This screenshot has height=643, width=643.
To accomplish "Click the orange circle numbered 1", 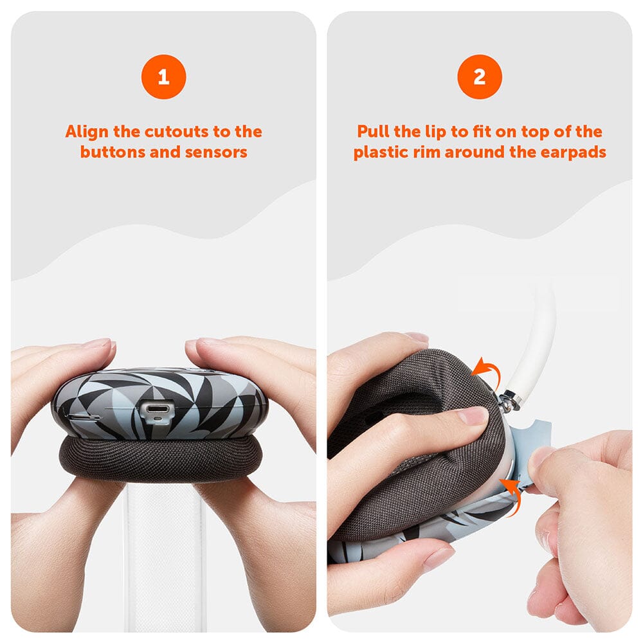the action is click(x=163, y=77).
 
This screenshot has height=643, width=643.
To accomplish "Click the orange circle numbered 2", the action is click(x=480, y=77).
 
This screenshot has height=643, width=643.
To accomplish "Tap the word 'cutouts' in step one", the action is click(x=177, y=132).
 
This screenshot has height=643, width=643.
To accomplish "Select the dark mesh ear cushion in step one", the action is click(x=163, y=458).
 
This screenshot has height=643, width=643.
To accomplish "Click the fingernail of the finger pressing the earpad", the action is click(x=473, y=415).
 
